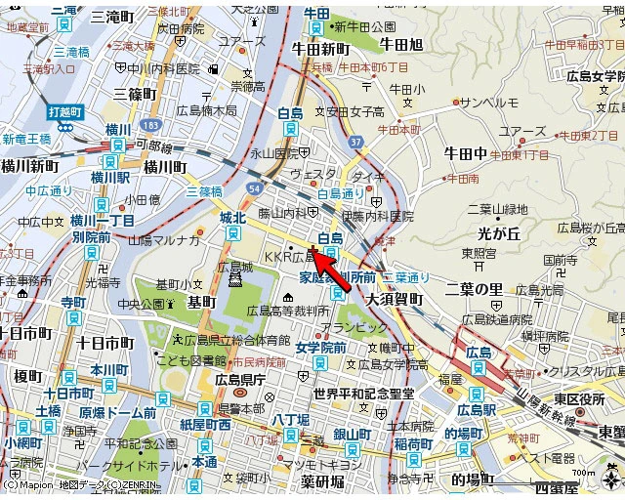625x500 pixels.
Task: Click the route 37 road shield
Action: tap(355, 144)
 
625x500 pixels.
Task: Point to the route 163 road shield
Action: tap(149, 127)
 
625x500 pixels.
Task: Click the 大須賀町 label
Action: tap(396, 300)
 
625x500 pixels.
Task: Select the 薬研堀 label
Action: tap(322, 481)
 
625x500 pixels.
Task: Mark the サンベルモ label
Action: tap(488, 103)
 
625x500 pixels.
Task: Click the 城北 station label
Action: tap(233, 217)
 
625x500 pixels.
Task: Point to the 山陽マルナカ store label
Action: tap(164, 239)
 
